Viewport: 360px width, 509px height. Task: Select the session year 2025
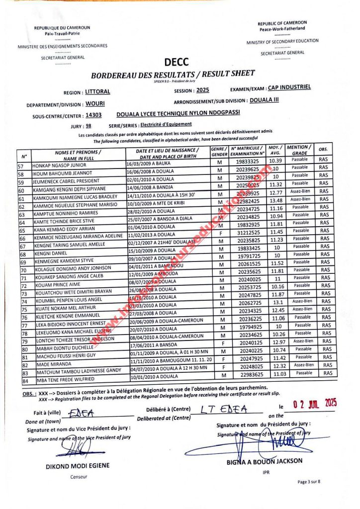[x=202, y=90]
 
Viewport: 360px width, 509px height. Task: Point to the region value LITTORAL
[x=97, y=92]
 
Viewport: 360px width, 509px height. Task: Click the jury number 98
[x=89, y=126]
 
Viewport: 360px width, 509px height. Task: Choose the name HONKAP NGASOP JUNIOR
[x=59, y=166]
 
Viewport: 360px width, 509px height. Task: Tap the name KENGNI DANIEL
[x=50, y=254]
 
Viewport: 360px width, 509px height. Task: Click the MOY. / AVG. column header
[x=275, y=150]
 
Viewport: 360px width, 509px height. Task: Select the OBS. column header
[x=323, y=150]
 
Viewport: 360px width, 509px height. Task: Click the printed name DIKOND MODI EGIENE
[x=78, y=466]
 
